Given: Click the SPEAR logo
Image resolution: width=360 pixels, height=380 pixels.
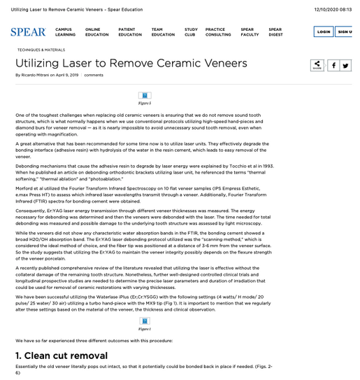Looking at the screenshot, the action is tap(28, 32).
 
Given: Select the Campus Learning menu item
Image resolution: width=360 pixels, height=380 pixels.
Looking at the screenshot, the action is tap(65, 32).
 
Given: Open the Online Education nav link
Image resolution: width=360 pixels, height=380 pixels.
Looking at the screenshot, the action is tap(96, 32).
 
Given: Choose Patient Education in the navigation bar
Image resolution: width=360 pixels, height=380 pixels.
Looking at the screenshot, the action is tap(130, 32).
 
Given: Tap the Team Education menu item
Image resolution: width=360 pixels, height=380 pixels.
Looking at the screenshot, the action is tap(163, 32).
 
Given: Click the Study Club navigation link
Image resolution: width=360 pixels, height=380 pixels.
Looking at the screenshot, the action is tap(191, 32).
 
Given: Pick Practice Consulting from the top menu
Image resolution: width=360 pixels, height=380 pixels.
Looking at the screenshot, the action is tap(218, 32).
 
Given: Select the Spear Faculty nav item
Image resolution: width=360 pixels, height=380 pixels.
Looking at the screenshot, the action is tap(250, 32).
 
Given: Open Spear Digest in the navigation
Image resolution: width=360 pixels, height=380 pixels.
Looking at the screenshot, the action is tap(275, 32).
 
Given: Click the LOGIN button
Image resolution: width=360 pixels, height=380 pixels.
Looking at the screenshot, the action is tap(324, 31).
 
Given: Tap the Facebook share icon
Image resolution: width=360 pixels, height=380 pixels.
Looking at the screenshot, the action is tap(333, 65).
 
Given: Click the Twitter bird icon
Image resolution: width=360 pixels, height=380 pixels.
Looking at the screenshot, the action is tap(345, 65).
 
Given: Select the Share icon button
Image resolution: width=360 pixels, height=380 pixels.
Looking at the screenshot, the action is tap(317, 65).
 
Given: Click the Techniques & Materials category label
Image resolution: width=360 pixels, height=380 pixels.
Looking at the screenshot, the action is tap(41, 50).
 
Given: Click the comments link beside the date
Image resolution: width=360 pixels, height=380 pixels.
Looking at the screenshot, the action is tap(94, 75).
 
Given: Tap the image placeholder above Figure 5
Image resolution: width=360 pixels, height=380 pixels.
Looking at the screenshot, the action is tap(145, 95).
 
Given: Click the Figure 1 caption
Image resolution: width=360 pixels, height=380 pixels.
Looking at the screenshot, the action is tap(145, 328).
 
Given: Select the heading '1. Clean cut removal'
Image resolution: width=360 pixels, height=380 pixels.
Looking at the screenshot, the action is tap(62, 356).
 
